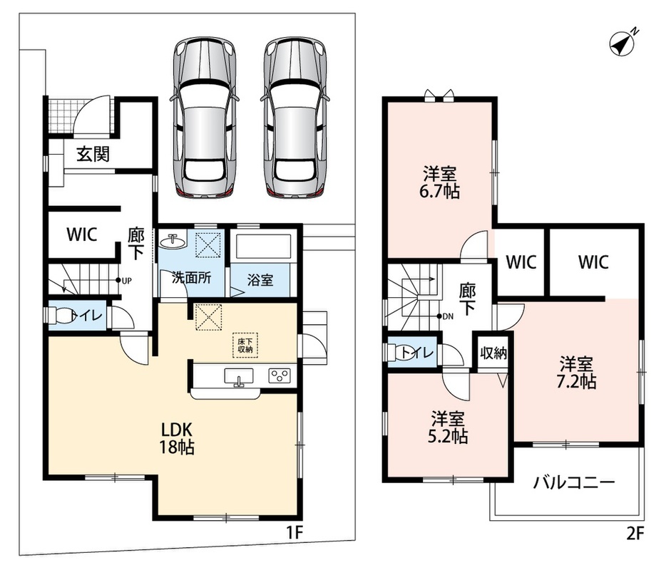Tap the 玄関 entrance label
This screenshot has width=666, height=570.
pyautogui.click(x=93, y=154)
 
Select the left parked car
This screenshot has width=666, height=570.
pyautogui.click(x=205, y=118)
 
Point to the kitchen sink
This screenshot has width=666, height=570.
pyautogui.click(x=239, y=377)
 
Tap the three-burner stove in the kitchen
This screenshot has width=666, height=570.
pyautogui.click(x=280, y=375)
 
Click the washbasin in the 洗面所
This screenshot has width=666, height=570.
pyautogui.click(x=173, y=241)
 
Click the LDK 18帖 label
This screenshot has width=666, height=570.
pyautogui.click(x=177, y=438)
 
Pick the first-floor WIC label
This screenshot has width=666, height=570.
pyautogui.click(x=82, y=234)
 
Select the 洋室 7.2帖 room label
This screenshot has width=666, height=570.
pyautogui.click(x=576, y=373)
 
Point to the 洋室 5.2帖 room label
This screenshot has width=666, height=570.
pyautogui.click(x=448, y=427)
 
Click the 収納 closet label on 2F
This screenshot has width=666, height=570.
pyautogui.click(x=493, y=353)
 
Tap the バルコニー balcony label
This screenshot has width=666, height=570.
pyautogui.click(x=574, y=482)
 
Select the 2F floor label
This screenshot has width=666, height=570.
pyautogui.click(x=635, y=533)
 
